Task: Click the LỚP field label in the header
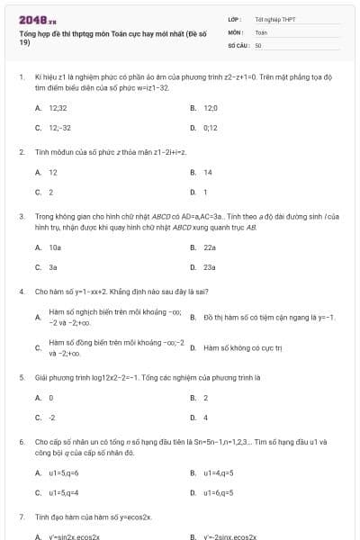(x=234, y=19)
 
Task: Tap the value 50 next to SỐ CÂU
(x=258, y=44)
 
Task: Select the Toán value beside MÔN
(x=261, y=31)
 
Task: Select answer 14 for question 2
(x=208, y=172)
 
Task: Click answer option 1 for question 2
(x=205, y=192)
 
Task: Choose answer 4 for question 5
(x=205, y=418)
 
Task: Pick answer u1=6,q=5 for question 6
(x=219, y=493)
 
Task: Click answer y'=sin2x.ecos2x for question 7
(x=74, y=536)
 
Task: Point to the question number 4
(x=21, y=292)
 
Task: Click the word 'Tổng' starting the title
(x=27, y=31)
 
